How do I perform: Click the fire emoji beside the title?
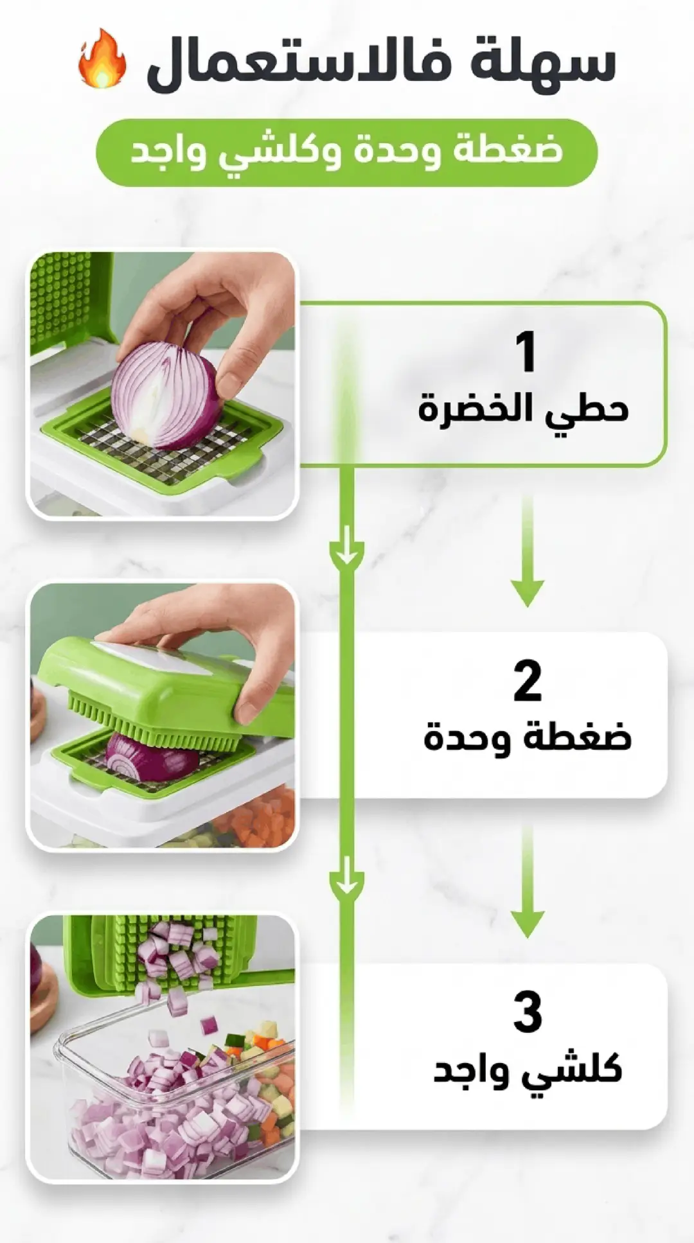coord(102,59)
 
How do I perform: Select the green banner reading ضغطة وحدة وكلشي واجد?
coord(347,152)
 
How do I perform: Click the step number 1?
coord(526,351)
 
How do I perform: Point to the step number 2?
coord(527,682)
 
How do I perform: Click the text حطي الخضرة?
coord(523,409)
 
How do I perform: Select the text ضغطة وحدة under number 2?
coord(528,737)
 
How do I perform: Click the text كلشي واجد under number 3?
coord(528,1069)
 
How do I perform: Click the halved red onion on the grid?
coord(165,395)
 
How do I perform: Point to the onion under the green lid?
coord(153,757)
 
